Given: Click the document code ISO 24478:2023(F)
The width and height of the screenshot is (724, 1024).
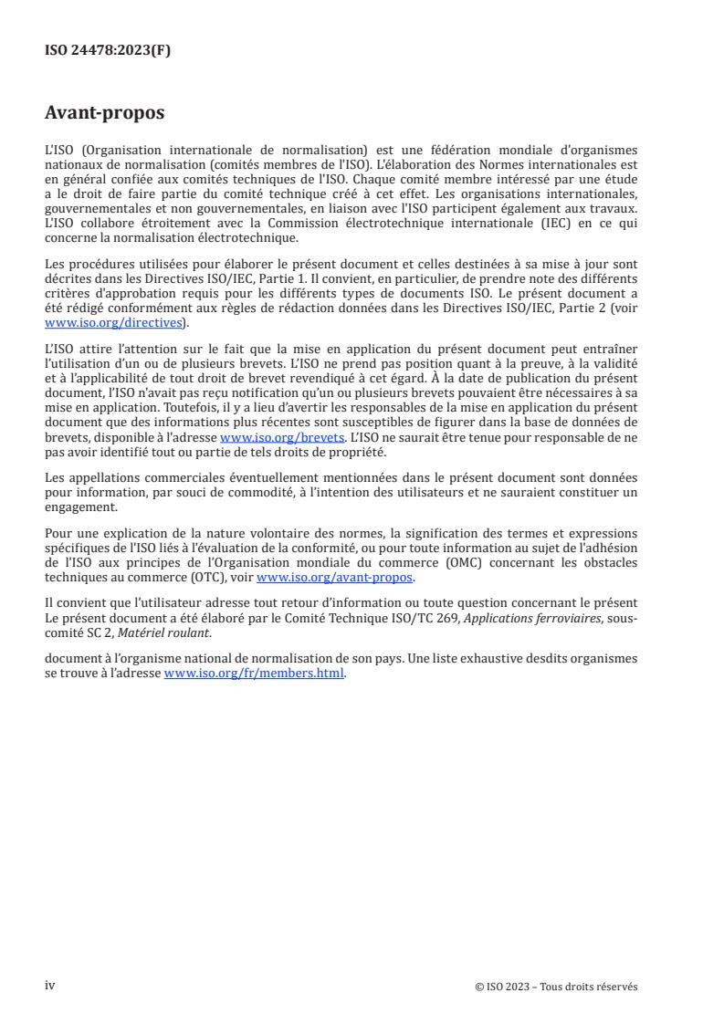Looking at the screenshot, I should (x=108, y=51).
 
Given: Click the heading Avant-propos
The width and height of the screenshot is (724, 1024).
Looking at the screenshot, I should (x=104, y=113).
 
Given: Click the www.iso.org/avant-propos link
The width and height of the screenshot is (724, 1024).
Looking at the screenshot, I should (x=335, y=578).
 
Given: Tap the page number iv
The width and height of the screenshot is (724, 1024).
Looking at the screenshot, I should (x=50, y=986).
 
